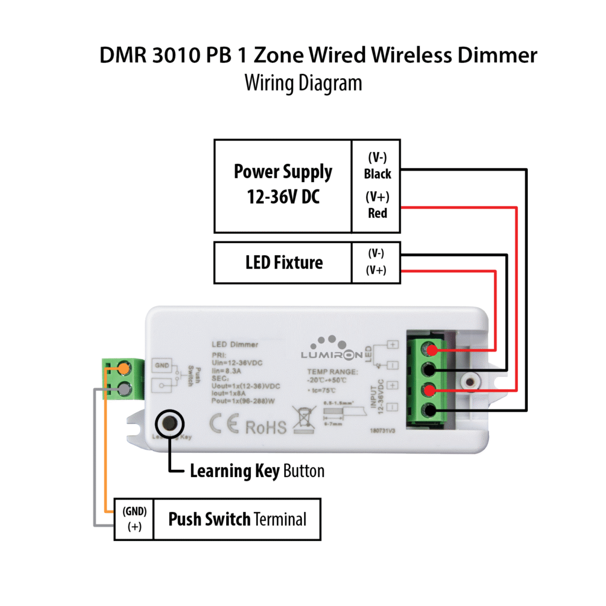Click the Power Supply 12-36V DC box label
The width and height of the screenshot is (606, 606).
(x=283, y=184)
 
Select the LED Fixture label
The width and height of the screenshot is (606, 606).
(x=284, y=262)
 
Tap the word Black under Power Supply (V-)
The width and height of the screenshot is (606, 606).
(x=377, y=174)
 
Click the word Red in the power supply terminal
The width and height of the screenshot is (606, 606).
(x=377, y=213)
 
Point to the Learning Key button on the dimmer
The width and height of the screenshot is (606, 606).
(x=170, y=424)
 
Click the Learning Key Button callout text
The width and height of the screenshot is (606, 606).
(x=257, y=472)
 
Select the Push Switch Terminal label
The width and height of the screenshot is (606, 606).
(x=237, y=520)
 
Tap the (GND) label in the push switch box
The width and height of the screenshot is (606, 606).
(x=134, y=511)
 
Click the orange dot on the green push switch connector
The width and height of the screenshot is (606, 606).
(x=124, y=369)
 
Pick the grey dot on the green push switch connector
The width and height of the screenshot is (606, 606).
(x=124, y=389)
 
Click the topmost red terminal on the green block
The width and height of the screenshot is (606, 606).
(x=430, y=350)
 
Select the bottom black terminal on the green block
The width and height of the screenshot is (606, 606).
(x=430, y=410)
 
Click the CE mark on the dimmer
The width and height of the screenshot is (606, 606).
(x=224, y=426)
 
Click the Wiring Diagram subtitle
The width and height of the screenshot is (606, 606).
(x=303, y=82)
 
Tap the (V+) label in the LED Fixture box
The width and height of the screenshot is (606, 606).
(x=376, y=271)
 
